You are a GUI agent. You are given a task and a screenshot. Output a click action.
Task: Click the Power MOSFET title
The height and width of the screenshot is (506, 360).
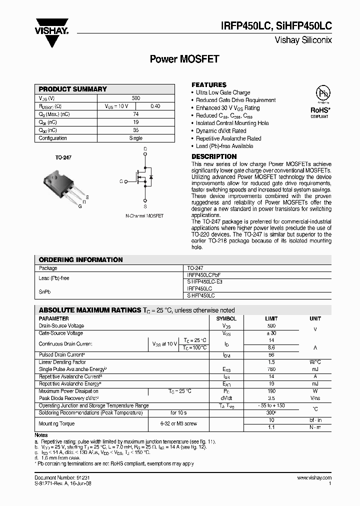[185, 59]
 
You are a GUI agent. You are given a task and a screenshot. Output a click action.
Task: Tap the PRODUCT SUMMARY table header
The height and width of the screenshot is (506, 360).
[73, 89]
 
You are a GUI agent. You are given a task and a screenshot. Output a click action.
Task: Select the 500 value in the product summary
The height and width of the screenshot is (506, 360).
[136, 98]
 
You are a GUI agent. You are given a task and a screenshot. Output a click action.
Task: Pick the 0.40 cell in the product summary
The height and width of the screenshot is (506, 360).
[155, 106]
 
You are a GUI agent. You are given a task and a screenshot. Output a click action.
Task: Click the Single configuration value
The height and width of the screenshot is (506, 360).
[136, 138]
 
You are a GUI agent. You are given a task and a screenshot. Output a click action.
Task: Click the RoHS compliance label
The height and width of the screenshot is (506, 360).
[319, 110]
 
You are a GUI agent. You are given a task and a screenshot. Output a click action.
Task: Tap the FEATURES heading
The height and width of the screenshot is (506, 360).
[209, 85]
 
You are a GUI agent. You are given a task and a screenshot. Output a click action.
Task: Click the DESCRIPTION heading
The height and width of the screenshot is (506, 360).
[214, 156]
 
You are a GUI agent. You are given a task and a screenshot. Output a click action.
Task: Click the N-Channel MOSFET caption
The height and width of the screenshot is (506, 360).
[144, 215]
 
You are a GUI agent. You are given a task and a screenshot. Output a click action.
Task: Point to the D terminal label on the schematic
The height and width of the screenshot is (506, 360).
[145, 149]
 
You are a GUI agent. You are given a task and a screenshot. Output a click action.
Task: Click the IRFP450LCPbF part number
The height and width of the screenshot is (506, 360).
[203, 275]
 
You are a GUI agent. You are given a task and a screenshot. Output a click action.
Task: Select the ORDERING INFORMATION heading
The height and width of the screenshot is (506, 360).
[80, 260]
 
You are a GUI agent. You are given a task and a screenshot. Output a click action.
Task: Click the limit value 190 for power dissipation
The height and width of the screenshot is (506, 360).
[271, 391]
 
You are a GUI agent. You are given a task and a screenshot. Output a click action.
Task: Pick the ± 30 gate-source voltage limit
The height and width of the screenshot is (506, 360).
[271, 333]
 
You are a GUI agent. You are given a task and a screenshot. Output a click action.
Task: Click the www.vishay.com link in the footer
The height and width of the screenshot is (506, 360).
[314, 478]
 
